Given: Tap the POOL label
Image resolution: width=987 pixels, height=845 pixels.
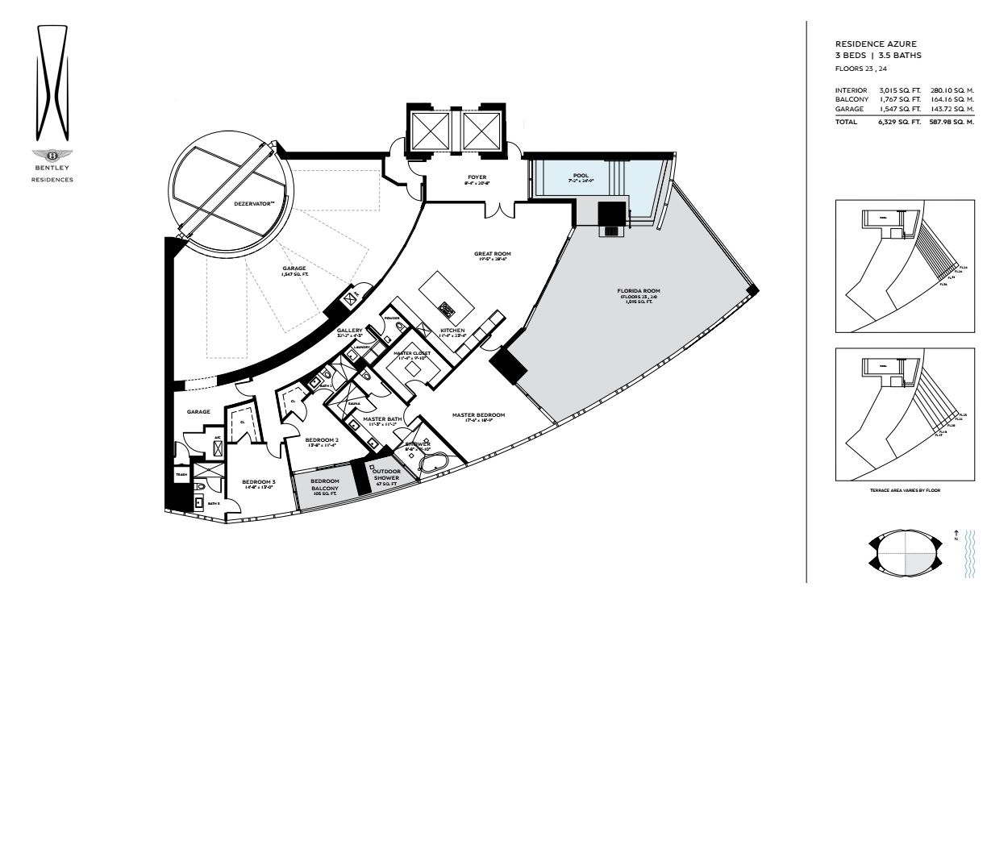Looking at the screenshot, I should click(581, 175).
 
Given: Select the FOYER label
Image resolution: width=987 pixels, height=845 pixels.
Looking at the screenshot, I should click(477, 177).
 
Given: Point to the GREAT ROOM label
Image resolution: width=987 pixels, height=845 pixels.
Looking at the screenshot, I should click(492, 254).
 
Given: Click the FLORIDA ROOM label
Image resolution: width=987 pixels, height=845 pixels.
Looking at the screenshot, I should click(639, 290).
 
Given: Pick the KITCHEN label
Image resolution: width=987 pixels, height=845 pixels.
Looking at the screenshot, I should click(452, 331).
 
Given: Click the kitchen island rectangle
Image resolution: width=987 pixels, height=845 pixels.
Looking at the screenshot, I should click(446, 295).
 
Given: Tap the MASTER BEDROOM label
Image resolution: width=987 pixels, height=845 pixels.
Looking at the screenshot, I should click(478, 415).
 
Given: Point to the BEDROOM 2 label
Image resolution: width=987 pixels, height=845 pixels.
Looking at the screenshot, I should click(321, 440).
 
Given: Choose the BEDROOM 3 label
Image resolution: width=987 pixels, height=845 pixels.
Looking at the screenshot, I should click(259, 482).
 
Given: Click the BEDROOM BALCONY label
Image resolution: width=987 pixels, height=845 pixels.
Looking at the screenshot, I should click(325, 485).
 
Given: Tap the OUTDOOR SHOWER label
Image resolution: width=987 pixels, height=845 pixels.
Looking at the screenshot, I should click(386, 474).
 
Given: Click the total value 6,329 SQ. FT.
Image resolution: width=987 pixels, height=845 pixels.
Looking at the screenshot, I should click(899, 123).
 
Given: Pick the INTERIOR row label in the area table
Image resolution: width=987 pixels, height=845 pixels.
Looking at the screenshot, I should click(851, 90).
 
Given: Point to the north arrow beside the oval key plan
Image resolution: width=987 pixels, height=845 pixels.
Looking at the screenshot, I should click(956, 534).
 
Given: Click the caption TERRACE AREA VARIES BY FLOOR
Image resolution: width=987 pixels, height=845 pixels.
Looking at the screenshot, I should click(905, 490).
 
